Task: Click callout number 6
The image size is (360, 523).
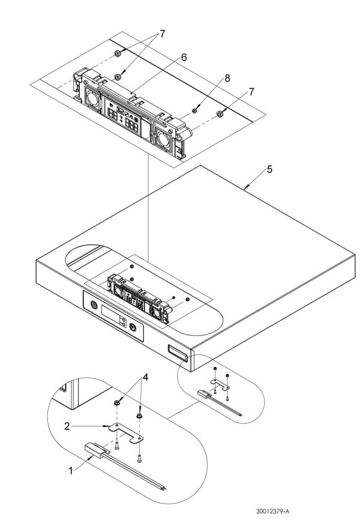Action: (184, 58)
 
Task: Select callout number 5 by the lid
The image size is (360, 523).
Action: (270, 170)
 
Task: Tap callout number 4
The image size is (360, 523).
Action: (144, 379)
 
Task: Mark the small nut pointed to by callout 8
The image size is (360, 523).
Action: (197, 110)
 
